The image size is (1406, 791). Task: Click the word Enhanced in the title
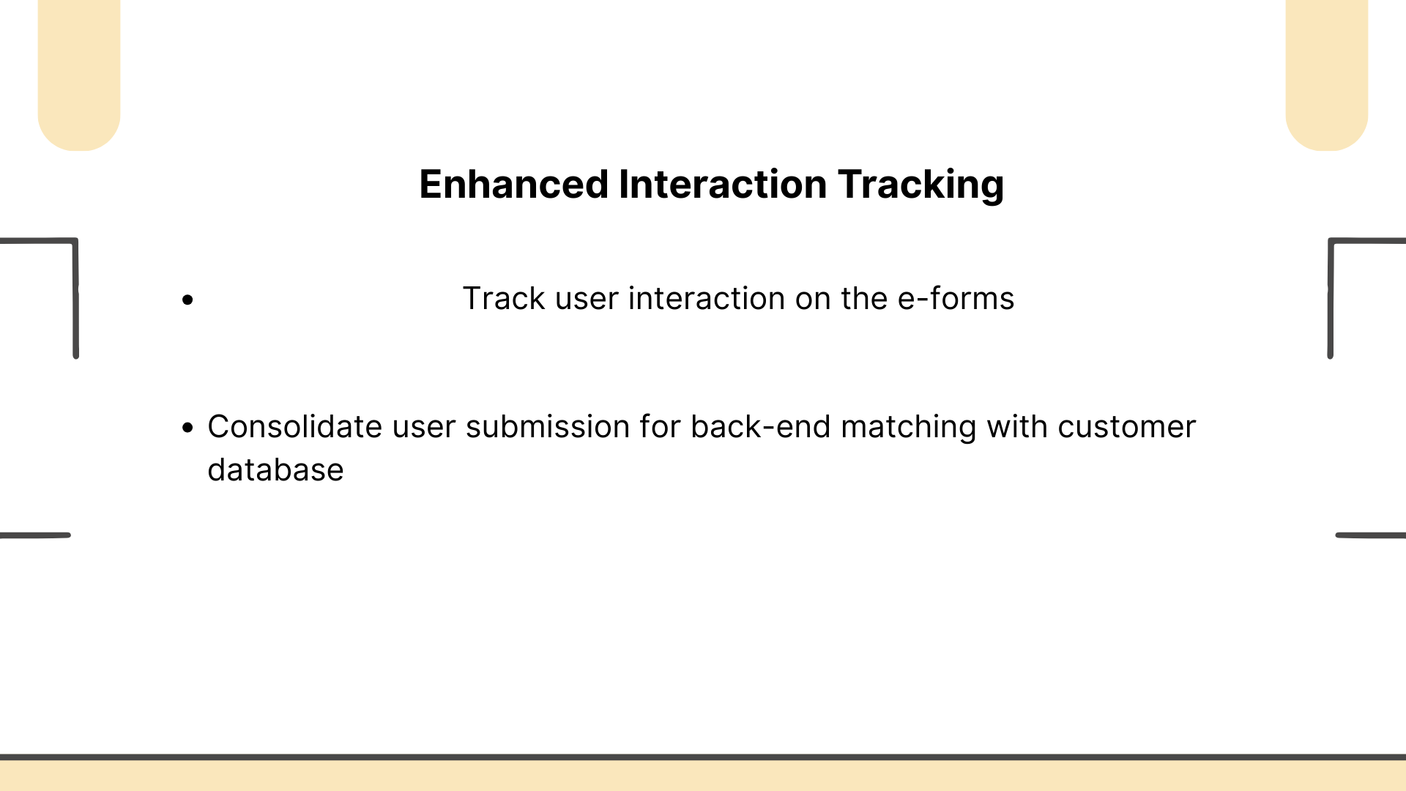coord(513,184)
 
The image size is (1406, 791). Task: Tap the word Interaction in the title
coord(723,184)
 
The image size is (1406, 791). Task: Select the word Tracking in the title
coord(921,185)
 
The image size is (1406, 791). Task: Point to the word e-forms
coord(956,298)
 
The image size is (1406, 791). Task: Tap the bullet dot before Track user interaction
coord(188,300)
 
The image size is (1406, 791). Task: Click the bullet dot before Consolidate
coord(188,428)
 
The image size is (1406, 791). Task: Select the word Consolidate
coord(295,426)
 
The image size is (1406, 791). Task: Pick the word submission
coord(548,426)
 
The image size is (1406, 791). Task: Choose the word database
coord(275,469)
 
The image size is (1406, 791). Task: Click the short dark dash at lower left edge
coord(35,535)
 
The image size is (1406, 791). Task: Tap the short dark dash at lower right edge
coord(1371,535)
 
